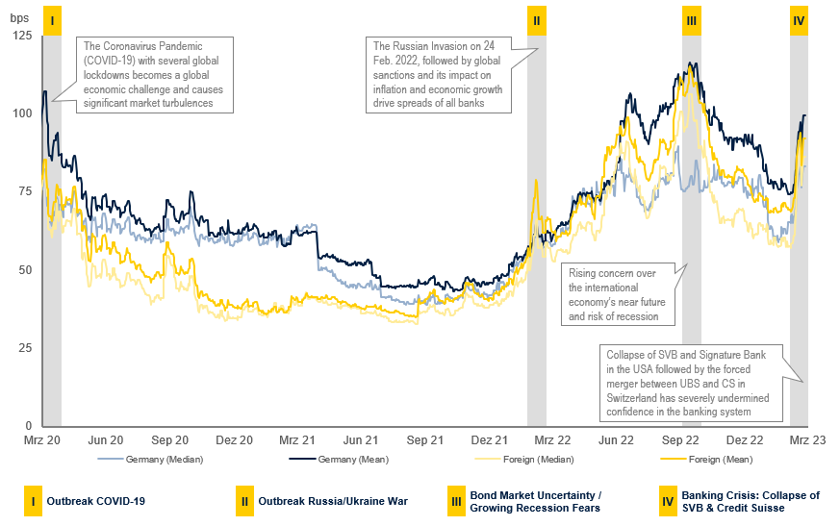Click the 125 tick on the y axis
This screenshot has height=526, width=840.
click(22, 36)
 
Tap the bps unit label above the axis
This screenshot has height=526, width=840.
click(19, 17)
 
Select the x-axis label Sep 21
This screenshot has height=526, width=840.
click(424, 439)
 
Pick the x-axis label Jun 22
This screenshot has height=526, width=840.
click(615, 439)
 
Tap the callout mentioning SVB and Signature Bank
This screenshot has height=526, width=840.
click(689, 382)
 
